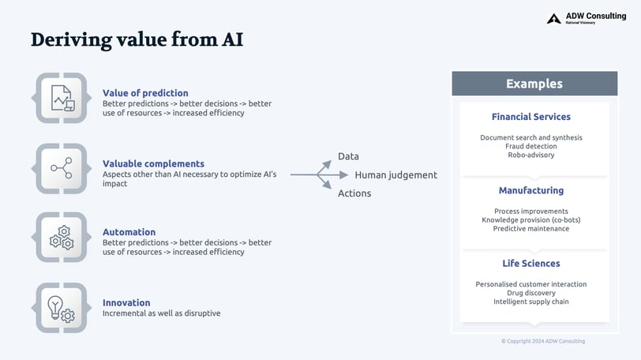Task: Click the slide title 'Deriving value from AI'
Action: [x=137, y=39]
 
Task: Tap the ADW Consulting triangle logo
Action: [x=554, y=18]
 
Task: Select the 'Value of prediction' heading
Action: [x=145, y=92]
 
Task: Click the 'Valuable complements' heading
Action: [x=153, y=163]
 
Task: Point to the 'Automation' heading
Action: [x=129, y=231]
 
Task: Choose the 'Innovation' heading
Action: [x=126, y=302]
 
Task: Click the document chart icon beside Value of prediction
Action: [x=62, y=98]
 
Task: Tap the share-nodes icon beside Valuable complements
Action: [x=62, y=168]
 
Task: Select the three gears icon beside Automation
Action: [x=62, y=238]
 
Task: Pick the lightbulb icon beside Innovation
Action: [x=61, y=309]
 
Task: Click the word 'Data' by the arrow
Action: [x=348, y=156]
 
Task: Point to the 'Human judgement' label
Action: [x=396, y=175]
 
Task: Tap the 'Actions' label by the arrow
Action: [x=354, y=193]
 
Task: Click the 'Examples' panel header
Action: [x=534, y=84]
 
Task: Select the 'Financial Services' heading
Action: [x=531, y=117]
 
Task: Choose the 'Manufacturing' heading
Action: [x=531, y=190]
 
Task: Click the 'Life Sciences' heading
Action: [x=531, y=263]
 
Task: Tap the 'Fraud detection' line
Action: [x=531, y=146]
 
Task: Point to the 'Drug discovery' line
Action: [x=531, y=293]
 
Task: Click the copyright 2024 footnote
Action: [x=543, y=341]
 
